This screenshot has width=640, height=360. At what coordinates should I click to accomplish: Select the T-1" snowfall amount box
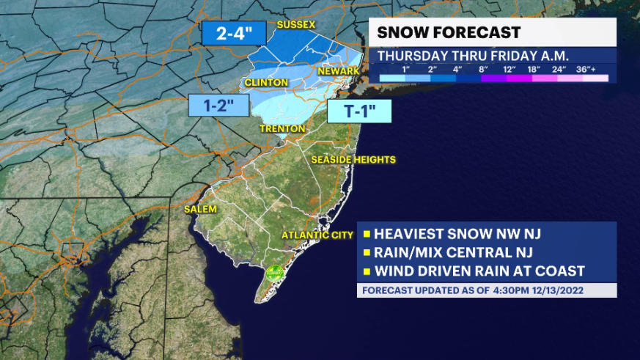(358, 111)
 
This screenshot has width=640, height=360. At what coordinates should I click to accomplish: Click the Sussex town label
(295, 25)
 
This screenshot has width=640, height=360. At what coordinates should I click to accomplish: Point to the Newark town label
(338, 70)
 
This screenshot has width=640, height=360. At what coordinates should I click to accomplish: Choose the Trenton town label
(282, 128)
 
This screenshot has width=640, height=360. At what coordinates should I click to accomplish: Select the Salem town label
(200, 209)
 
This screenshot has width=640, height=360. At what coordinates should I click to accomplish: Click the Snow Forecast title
(449, 32)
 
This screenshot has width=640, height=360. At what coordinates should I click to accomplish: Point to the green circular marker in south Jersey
(275, 271)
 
